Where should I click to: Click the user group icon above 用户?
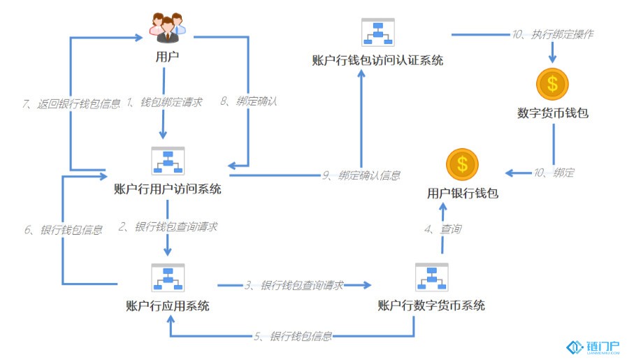[168, 27]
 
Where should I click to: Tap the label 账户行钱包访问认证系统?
[377, 60]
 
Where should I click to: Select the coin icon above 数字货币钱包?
[552, 84]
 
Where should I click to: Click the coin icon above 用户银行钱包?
[462, 164]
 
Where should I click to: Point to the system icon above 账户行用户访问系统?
[168, 161]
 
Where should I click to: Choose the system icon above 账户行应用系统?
[168, 278]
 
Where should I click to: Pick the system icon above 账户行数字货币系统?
[432, 278]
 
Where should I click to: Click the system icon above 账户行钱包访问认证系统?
[378, 32]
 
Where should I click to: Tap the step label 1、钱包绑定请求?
[164, 102]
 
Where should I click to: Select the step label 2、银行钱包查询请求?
[168, 226]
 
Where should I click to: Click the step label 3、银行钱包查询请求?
[294, 285]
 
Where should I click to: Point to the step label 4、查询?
[442, 229]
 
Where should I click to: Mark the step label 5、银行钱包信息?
[293, 336]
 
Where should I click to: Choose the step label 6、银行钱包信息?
[63, 230]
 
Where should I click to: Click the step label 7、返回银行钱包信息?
[71, 104]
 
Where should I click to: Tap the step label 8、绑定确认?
[248, 101]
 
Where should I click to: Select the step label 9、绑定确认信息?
[361, 175]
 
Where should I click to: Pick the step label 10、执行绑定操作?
[553, 34]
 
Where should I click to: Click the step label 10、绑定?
[554, 173]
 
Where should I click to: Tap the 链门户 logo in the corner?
[593, 347]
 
